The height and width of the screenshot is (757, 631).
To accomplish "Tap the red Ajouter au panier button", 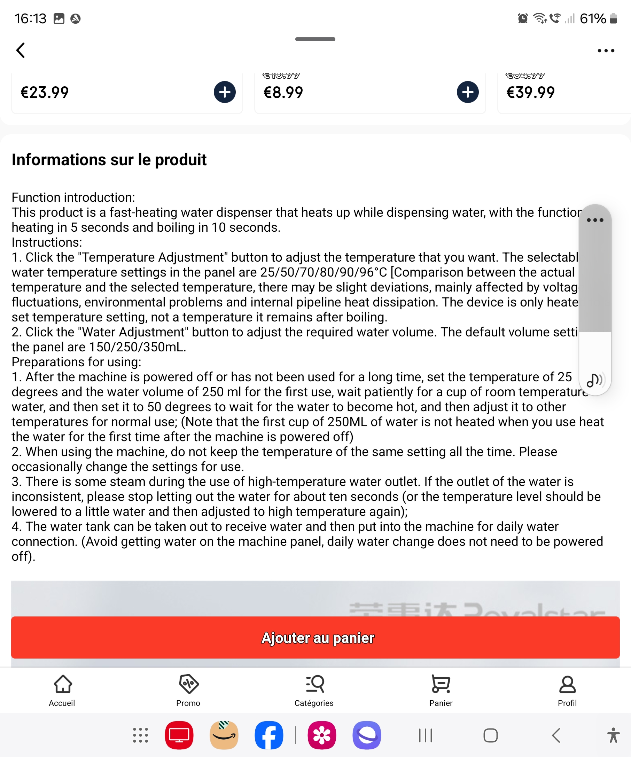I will (315, 637).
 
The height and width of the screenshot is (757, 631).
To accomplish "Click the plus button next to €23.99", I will (224, 92).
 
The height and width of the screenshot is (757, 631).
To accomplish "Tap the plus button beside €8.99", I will (468, 92).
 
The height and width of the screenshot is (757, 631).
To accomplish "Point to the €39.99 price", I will (530, 93).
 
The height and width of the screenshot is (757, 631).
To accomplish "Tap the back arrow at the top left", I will (21, 50).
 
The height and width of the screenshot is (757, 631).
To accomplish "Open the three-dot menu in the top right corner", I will (606, 50).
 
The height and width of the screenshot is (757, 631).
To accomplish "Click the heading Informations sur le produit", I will (109, 160).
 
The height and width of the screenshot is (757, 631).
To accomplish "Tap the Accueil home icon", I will (63, 684).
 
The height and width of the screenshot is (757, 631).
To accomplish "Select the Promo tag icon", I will (188, 684).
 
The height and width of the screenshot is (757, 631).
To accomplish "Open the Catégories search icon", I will (314, 684).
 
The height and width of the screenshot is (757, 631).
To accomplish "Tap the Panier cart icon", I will (441, 684).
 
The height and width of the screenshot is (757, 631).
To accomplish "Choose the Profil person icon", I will (567, 684).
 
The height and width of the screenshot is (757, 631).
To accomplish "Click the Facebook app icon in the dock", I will (269, 735).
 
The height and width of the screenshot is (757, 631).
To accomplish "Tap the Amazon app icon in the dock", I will (224, 735).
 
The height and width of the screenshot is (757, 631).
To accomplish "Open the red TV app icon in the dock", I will (179, 735).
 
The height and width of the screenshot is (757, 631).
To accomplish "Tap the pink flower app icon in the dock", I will (322, 735).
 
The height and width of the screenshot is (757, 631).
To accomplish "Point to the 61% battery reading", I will (592, 19).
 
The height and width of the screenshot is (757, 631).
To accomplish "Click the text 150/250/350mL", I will (137, 347).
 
